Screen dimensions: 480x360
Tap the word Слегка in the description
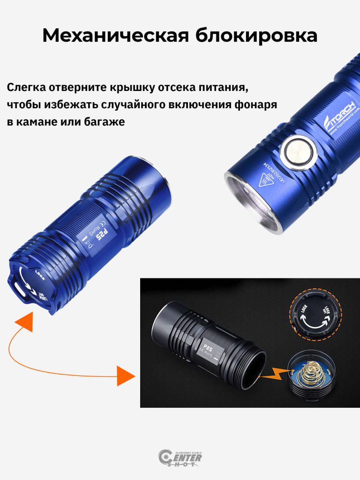[26, 88]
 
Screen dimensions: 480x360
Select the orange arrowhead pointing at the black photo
[125, 376]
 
